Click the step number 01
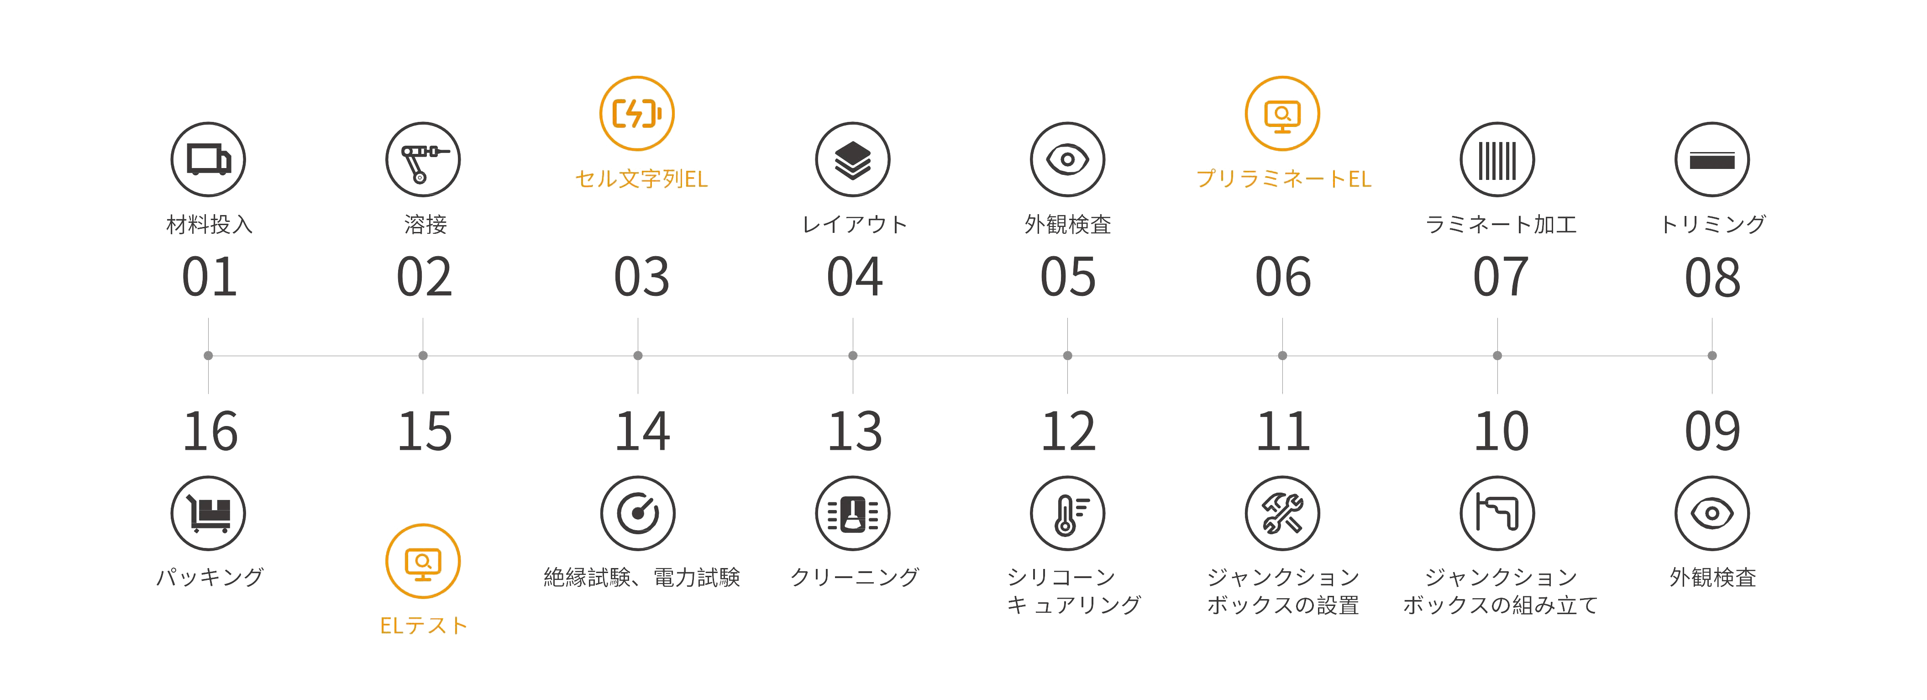pos(209,277)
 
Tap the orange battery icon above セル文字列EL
pos(637,113)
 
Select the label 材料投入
pos(209,224)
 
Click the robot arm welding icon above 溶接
pos(423,160)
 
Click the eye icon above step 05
pos(1067,160)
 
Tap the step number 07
pos(1498,277)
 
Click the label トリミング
pos(1712,224)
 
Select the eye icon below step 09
pos(1712,513)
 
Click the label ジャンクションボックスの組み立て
pos(1500,591)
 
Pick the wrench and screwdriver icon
pos(1282,513)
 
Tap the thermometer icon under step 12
pos(1067,513)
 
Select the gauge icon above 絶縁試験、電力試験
pos(637,513)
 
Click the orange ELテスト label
pos(423,625)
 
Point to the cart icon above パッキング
pos(209,513)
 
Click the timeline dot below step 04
pos(853,356)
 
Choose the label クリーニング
pos(854,577)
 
